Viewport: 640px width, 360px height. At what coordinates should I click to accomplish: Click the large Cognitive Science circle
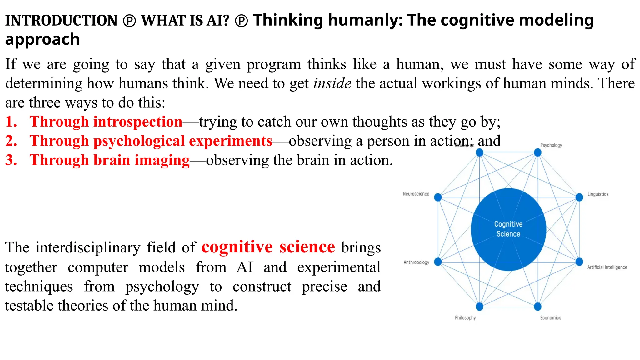click(508, 229)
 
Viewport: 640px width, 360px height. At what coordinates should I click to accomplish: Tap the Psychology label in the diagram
click(551, 145)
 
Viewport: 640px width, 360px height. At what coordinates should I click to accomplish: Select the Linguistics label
click(598, 194)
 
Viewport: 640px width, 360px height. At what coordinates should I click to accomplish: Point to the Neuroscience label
click(416, 194)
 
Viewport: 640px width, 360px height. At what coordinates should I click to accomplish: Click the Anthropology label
click(416, 262)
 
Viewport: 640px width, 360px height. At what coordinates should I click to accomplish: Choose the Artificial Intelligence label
click(607, 267)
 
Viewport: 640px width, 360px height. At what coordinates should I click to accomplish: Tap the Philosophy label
click(465, 317)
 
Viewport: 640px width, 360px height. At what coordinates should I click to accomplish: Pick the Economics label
click(551, 317)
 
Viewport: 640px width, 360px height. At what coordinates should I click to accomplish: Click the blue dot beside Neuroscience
click(438, 197)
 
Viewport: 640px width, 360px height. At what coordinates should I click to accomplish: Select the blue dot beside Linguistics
click(579, 197)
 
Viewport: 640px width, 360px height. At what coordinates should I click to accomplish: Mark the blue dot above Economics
click(537, 307)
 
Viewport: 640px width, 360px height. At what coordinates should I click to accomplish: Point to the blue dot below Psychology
click(537, 152)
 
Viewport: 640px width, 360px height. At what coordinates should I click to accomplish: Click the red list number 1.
click(11, 122)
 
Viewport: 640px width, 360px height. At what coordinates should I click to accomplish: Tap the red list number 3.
click(11, 160)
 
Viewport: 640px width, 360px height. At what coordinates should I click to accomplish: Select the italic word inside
click(332, 83)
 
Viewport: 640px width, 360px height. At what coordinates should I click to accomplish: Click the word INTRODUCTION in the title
click(61, 21)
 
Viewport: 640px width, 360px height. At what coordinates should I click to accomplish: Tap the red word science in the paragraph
click(307, 247)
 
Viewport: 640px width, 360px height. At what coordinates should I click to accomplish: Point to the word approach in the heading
click(42, 40)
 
